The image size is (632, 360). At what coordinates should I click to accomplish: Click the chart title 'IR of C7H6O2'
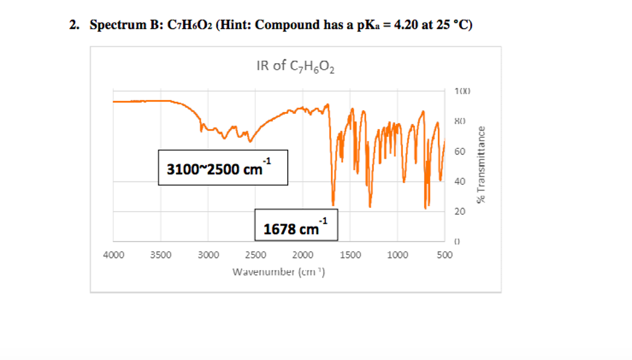[x=295, y=66]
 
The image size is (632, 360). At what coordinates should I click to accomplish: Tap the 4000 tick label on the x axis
[x=114, y=255]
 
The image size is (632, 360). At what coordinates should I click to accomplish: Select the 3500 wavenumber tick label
[x=161, y=255]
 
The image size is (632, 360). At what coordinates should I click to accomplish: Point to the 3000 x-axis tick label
[x=208, y=255]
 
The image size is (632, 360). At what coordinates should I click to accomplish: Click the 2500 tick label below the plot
[x=255, y=255]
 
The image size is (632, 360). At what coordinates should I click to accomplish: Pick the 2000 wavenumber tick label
[x=303, y=255]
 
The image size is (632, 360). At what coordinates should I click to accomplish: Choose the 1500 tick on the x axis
[x=350, y=255]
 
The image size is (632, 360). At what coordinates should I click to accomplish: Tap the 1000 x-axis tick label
[x=398, y=255]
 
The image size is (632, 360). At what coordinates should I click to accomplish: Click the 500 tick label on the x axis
[x=445, y=255]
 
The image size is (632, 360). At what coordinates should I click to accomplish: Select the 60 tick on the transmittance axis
[x=460, y=152]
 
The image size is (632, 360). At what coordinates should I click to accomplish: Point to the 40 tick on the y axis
[x=460, y=182]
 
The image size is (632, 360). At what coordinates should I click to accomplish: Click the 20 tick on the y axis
[x=460, y=211]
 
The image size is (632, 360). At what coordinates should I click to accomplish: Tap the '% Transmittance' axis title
[x=481, y=165]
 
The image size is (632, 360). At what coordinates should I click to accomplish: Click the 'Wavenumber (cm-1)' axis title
[x=279, y=272]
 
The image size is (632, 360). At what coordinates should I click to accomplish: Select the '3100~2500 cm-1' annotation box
[x=223, y=168]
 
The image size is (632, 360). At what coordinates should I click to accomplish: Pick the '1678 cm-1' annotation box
[x=296, y=225]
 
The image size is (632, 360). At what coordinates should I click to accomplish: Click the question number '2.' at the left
[x=74, y=25]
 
